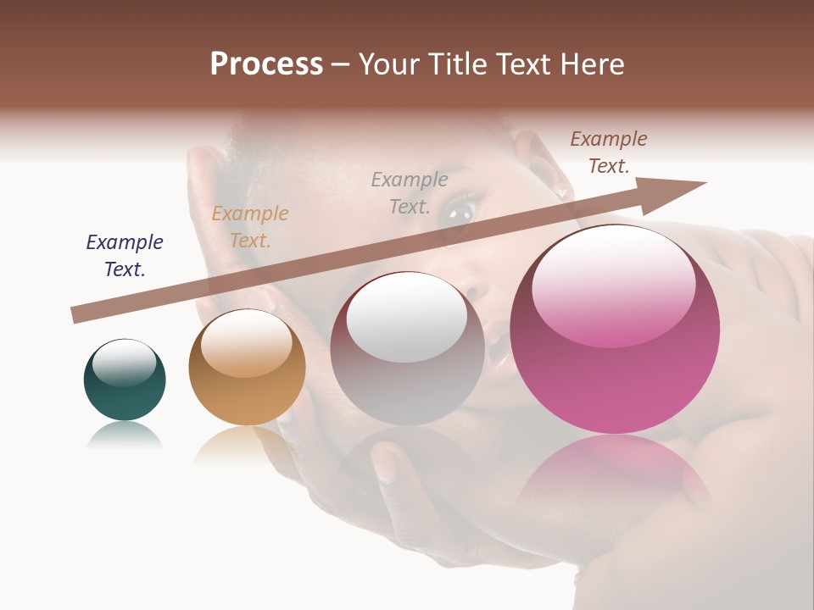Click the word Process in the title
coord(266,64)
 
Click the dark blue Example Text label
coord(125,256)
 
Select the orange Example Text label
coord(250,227)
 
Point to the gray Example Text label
coord(410,192)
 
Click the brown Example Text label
coord(608,152)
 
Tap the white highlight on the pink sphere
coord(613,284)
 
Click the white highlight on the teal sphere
coord(124,363)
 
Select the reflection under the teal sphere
coord(125,435)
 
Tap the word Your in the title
coord(387,64)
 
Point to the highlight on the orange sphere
coord(246,343)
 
